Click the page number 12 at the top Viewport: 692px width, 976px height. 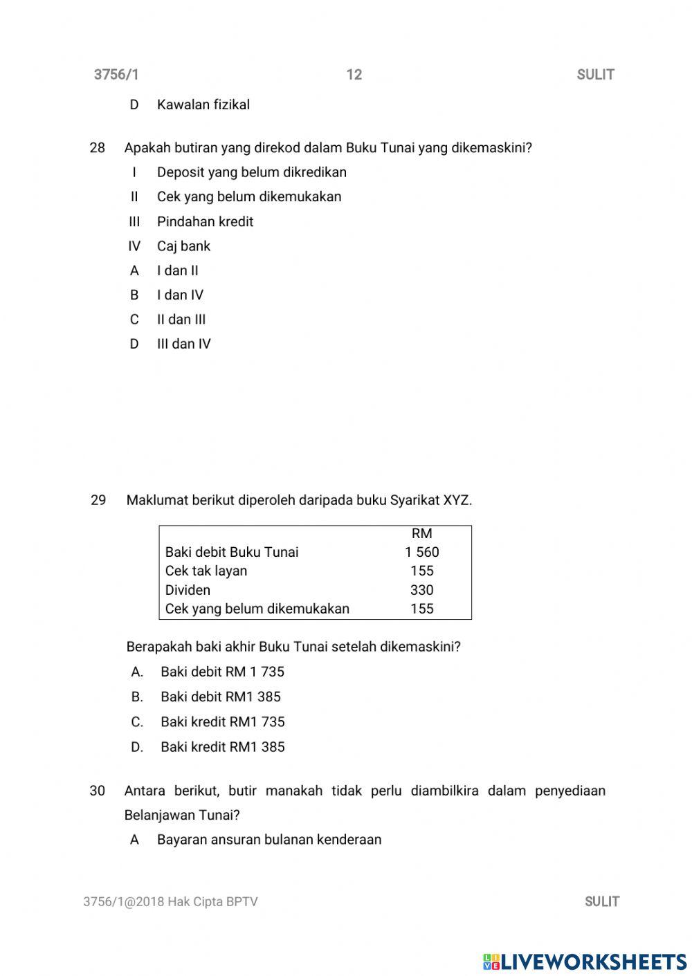pyautogui.click(x=354, y=75)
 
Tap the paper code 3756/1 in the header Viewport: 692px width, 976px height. pyautogui.click(x=116, y=75)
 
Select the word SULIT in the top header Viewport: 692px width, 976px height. pyautogui.click(x=595, y=75)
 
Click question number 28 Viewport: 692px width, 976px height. pyautogui.click(x=98, y=147)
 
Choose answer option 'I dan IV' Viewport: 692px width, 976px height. pyautogui.click(x=180, y=295)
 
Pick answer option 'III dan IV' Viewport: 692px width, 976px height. pyautogui.click(x=183, y=344)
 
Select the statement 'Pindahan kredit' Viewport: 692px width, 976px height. pyautogui.click(x=205, y=222)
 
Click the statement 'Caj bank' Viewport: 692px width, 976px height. pyautogui.click(x=183, y=246)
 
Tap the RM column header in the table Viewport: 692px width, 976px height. pyautogui.click(x=421, y=533)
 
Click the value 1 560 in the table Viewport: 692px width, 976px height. pyautogui.click(x=421, y=552)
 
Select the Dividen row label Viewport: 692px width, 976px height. pyautogui.click(x=188, y=590)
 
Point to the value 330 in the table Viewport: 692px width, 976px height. pyautogui.click(x=421, y=590)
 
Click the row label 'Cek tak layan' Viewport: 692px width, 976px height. pyautogui.click(x=206, y=571)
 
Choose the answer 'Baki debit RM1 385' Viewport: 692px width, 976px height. pyautogui.click(x=220, y=697)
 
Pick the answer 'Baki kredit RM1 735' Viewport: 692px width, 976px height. pyautogui.click(x=222, y=721)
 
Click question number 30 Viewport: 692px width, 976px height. pyautogui.click(x=98, y=791)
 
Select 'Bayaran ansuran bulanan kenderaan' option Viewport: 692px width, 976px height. pyautogui.click(x=269, y=840)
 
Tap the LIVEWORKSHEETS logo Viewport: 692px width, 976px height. pyautogui.click(x=585, y=961)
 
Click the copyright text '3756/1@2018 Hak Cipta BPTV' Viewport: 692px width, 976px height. pyautogui.click(x=170, y=901)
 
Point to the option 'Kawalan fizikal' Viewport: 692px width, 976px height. pyautogui.click(x=203, y=105)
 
